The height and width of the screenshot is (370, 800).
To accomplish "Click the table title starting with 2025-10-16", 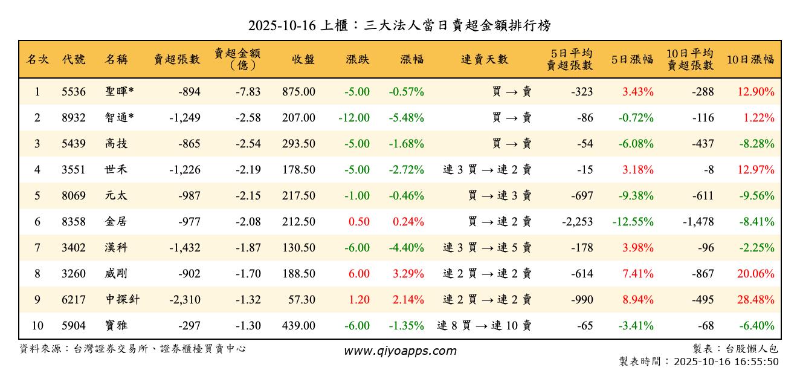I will [x=399, y=25].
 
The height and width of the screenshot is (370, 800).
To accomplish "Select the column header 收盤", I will [x=303, y=60].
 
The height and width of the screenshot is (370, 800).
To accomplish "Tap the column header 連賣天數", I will [x=484, y=60].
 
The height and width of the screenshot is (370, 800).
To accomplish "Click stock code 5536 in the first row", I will [x=74, y=92].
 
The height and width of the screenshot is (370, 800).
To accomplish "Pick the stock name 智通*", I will [x=119, y=118].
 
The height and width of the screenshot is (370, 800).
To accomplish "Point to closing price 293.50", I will [x=298, y=144].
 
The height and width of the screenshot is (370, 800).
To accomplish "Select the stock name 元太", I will [x=116, y=196].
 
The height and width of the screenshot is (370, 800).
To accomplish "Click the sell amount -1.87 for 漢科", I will [x=248, y=248].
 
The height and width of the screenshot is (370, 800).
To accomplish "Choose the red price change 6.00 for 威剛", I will [x=358, y=274].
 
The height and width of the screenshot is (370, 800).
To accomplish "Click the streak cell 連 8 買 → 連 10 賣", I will [x=484, y=326].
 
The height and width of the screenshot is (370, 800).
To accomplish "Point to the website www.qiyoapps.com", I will [x=400, y=351].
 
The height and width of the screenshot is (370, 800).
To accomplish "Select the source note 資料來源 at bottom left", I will [x=133, y=349].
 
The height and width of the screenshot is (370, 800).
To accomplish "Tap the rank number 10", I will [x=37, y=326].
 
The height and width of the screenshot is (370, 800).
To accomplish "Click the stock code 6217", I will [x=74, y=300].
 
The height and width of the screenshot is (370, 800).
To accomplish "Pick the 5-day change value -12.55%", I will [x=633, y=222].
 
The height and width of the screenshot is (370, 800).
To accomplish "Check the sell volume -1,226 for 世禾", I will [x=185, y=170].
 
